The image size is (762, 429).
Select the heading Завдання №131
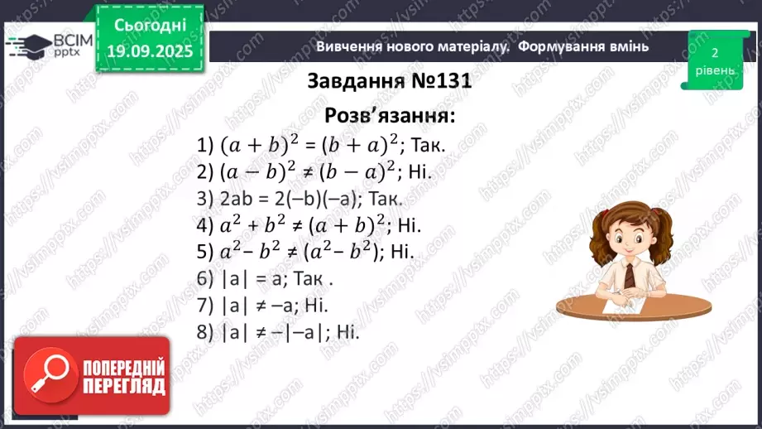tap(389, 81)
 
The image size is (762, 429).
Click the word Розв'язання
tap(390, 114)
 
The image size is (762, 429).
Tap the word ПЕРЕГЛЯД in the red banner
tap(123, 387)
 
